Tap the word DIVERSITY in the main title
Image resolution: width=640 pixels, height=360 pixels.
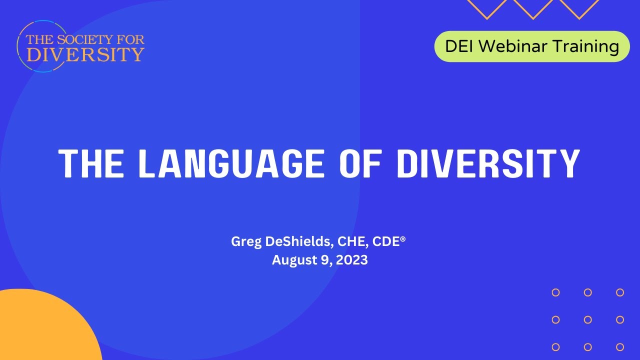488,163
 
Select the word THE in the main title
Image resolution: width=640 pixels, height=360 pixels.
90,163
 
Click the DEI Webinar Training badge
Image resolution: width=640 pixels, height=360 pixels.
531,46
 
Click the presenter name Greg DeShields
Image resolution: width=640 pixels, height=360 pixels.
281,241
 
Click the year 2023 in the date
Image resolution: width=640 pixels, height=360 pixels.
351,260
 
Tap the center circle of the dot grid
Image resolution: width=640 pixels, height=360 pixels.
588,319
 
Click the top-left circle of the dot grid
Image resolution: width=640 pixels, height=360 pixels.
555,292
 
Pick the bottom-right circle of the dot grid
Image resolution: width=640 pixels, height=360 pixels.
620,346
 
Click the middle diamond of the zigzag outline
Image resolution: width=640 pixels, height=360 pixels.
533,7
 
